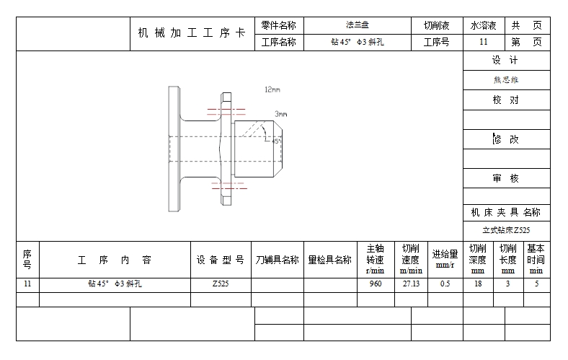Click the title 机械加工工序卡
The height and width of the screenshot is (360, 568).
coord(192,34)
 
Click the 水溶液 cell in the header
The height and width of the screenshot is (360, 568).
coord(484,25)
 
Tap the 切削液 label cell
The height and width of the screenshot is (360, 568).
coord(436,25)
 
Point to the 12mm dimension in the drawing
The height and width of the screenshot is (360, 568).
coord(272,89)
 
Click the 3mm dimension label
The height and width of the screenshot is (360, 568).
coord(280,114)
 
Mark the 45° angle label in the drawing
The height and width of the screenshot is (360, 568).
coord(277,141)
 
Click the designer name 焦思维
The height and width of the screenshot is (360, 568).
coord(505,80)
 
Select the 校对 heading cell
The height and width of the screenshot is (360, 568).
coord(505,100)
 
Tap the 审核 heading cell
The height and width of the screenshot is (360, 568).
coord(505,178)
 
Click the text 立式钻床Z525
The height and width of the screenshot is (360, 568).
coord(506,231)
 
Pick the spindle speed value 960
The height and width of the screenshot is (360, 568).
coord(376,284)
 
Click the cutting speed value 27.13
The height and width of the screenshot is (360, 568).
coord(411,284)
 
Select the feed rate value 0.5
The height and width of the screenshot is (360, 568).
coord(445,284)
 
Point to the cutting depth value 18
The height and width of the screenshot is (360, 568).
coord(477,284)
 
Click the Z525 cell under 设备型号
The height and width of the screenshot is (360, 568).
coord(221,284)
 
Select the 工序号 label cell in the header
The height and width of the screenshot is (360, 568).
coord(436,42)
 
